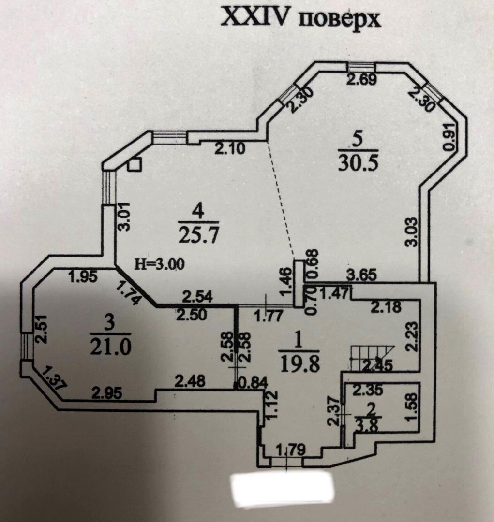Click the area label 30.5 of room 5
(358, 163)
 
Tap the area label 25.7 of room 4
(199, 235)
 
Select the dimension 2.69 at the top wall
(361, 80)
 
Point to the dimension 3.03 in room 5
(412, 232)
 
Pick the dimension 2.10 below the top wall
(230, 148)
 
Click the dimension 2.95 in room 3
(107, 393)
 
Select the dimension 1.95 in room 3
(83, 277)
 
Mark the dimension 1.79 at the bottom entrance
(291, 450)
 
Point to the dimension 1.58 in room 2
(412, 407)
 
